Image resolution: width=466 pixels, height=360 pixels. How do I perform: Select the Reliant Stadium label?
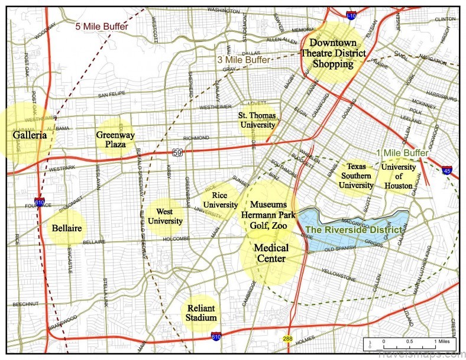(201, 313)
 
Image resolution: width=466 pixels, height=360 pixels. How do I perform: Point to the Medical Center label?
(271, 253)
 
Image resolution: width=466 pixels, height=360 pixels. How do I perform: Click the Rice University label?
(220, 200)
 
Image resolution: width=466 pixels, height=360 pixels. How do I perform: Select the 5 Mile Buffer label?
(101, 26)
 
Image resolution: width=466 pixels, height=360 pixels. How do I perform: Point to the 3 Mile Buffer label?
(243, 60)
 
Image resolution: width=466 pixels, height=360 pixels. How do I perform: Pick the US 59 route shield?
(178, 153)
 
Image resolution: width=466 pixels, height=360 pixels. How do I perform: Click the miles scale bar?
(408, 342)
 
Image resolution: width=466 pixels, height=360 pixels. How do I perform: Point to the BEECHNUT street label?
(25, 304)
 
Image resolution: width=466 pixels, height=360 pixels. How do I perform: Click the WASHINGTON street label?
(223, 10)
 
